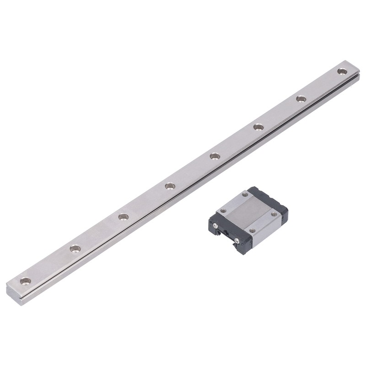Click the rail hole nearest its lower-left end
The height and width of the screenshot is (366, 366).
[26, 280]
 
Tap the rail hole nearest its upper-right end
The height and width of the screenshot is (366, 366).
[342, 71]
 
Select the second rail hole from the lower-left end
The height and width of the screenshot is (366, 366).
[75, 248]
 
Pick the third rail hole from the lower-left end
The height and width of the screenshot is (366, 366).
[123, 216]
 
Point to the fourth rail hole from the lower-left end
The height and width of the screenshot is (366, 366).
[170, 186]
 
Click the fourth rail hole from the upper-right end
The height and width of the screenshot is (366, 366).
[215, 156]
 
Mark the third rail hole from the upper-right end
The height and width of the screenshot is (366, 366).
[258, 127]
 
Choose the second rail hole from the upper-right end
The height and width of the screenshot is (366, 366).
[301, 99]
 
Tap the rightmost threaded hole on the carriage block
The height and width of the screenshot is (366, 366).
[274, 214]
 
